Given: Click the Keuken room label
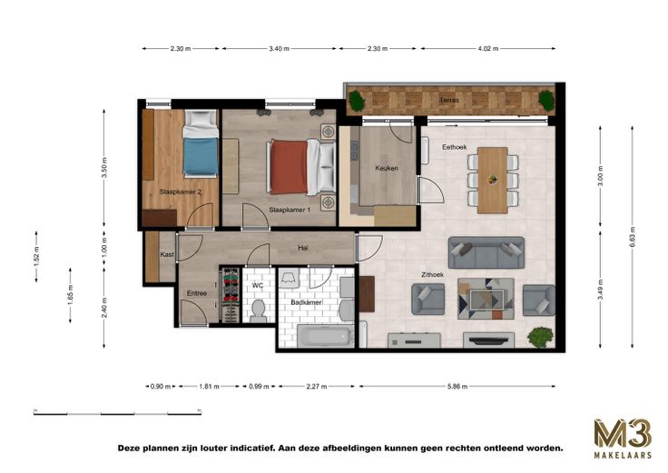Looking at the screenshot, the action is point(387,168).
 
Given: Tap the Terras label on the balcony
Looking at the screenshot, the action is point(449,101).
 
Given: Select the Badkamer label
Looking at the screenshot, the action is point(306,302).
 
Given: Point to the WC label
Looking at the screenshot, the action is point(258,285).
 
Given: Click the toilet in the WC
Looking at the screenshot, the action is point(258,310).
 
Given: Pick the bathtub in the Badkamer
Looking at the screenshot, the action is point(326,337).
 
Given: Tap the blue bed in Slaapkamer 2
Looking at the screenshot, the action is point(201,143).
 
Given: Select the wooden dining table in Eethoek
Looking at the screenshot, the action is point(493,180).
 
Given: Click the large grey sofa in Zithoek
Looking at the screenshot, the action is point(486,252).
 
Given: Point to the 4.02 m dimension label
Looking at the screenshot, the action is point(487,49).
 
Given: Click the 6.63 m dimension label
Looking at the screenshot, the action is point(633,237).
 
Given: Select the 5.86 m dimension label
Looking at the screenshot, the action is point(457,387).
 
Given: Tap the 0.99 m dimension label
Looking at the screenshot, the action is point(259,387).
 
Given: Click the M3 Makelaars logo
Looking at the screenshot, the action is point(623,439).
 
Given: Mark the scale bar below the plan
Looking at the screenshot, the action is point(117,412).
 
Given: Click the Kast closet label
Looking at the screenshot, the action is point(167,254).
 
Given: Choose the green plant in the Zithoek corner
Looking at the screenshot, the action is point(541,338).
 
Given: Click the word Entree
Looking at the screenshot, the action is point(197,293).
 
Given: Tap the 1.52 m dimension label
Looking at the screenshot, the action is point(36,257).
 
